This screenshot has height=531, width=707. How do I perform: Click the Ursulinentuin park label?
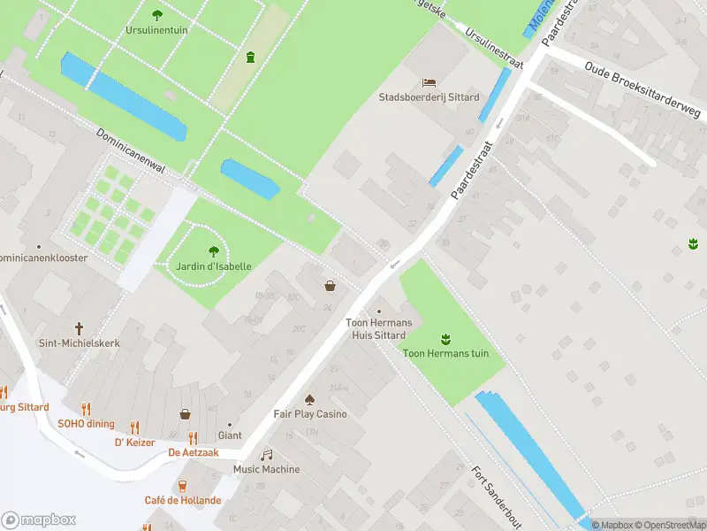click(156, 28)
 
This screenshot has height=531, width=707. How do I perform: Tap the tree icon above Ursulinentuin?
click(157, 14)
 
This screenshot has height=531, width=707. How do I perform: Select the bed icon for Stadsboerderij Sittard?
click(430, 82)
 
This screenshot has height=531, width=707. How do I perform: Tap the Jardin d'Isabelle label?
click(213, 265)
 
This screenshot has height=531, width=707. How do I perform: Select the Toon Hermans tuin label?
click(445, 354)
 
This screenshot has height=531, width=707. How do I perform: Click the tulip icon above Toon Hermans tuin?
click(445, 338)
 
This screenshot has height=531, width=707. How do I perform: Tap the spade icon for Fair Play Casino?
click(309, 399)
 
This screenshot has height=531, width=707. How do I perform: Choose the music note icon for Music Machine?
click(266, 455)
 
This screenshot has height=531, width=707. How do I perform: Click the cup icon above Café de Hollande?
click(183, 485)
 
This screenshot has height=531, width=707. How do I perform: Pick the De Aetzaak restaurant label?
click(193, 452)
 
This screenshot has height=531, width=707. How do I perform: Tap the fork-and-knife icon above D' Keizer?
click(134, 427)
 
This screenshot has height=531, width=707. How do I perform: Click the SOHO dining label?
click(87, 424)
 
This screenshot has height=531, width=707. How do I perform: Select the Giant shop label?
click(230, 435)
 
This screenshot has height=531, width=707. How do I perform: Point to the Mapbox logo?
click(39, 519)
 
